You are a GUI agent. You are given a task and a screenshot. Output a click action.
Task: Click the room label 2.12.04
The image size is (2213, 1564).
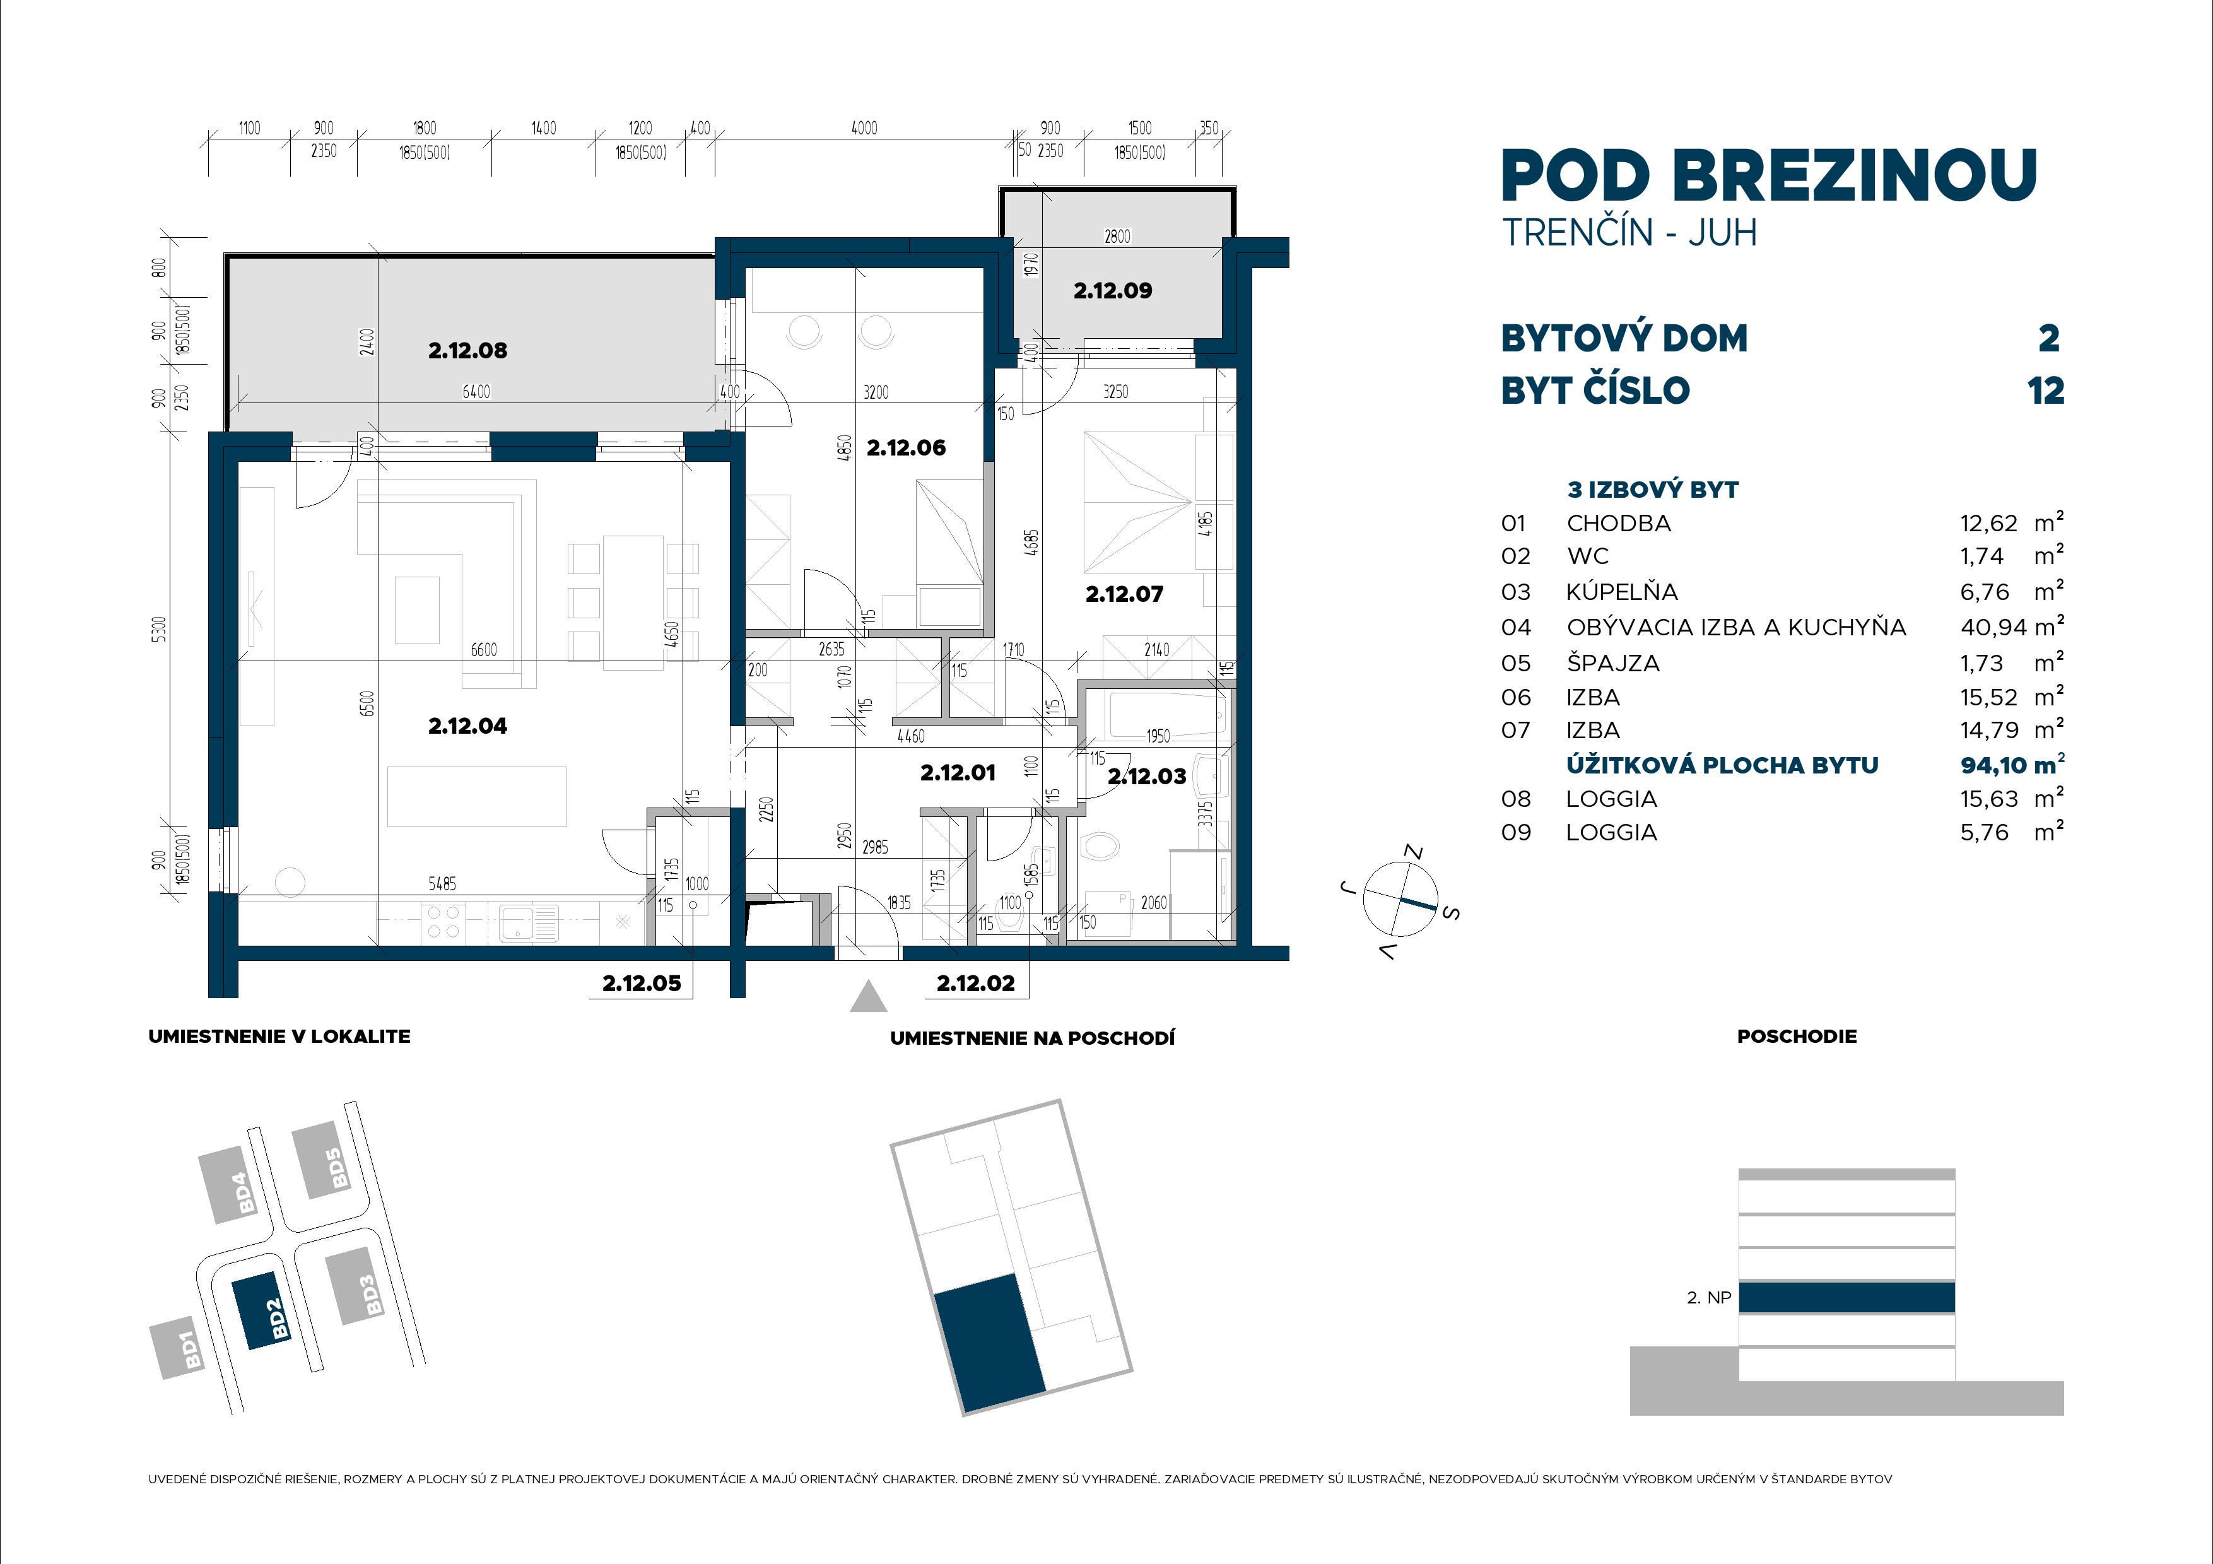pos(467,726)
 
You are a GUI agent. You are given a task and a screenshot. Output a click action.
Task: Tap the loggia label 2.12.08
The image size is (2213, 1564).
pos(467,351)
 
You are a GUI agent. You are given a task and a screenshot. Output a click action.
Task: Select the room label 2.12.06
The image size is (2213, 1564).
pos(906,447)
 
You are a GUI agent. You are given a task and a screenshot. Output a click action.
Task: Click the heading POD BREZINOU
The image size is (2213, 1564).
pos(1769,177)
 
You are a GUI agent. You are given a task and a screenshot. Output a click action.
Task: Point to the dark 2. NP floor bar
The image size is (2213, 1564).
pos(1846,1297)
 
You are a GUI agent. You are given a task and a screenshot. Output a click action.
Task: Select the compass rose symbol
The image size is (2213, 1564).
pos(1399,899)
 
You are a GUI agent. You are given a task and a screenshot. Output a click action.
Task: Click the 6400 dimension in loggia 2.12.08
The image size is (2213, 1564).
pos(476,391)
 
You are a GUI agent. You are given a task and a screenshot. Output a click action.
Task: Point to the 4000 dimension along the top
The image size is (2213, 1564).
pos(864,128)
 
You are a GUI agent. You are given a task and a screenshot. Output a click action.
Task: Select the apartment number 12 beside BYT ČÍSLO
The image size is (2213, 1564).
pos(2045,391)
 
